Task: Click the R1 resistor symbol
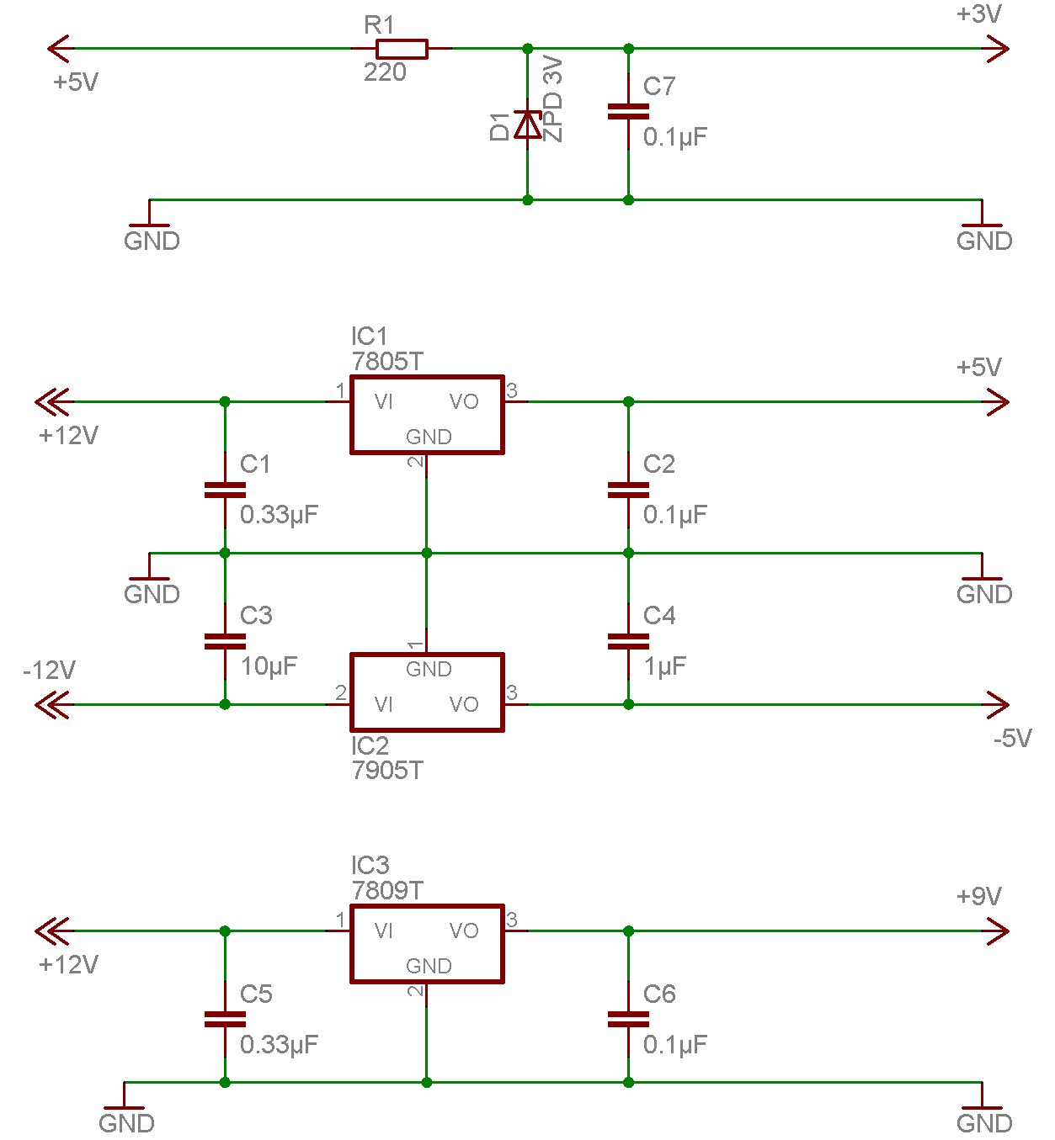(402, 49)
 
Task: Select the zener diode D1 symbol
(527, 125)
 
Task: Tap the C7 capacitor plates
(628, 111)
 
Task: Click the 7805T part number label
(387, 362)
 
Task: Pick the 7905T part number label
(387, 771)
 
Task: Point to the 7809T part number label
(387, 890)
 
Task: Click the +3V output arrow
(997, 49)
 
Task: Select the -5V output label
(1012, 738)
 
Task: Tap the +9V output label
(979, 895)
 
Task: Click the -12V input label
(50, 671)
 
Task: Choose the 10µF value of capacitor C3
(269, 666)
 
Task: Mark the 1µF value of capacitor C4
(665, 666)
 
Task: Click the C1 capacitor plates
(225, 490)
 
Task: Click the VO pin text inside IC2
(464, 704)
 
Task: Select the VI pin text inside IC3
(383, 931)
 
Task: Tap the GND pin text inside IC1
(429, 437)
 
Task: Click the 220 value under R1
(385, 72)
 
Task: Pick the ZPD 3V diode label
(553, 99)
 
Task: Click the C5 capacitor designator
(256, 994)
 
